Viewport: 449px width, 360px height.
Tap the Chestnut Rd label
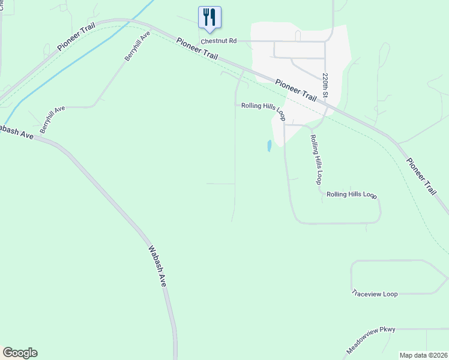219,41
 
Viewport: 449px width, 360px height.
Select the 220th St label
325,86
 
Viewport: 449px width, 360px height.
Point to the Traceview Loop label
375,294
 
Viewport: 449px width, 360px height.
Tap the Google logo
20,353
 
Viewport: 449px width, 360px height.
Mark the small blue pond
270,145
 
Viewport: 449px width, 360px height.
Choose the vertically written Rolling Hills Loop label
316,159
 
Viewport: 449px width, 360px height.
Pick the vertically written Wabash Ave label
157,265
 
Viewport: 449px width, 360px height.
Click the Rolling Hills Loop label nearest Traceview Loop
351,195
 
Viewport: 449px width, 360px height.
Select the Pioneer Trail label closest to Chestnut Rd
197,49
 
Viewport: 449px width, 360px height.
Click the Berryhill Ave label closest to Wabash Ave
52,120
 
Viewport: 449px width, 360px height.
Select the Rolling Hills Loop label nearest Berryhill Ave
263,108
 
